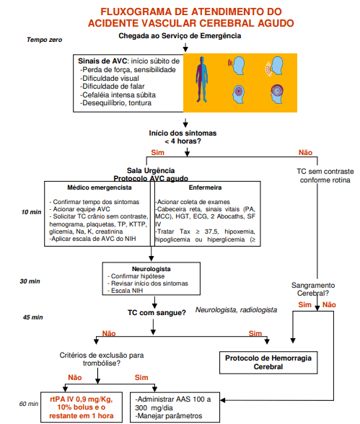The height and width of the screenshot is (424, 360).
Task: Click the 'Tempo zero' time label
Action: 44,40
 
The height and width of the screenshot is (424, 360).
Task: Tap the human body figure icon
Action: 202,79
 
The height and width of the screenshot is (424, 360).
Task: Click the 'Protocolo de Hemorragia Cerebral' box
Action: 268,363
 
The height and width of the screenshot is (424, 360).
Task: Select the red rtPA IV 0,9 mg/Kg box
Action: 82,407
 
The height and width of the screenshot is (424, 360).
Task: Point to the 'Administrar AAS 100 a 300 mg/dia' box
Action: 175,407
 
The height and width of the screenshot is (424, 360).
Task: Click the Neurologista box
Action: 152,278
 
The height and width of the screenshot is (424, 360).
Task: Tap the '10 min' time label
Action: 31,212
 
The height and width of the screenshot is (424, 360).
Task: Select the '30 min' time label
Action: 30,281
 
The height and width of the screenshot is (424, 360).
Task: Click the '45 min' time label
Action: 32,317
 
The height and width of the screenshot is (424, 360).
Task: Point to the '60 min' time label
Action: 29,404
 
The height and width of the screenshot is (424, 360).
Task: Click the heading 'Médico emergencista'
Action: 100,187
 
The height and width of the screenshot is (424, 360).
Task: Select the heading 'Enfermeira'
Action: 205,187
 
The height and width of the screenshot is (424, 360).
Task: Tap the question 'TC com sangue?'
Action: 157,313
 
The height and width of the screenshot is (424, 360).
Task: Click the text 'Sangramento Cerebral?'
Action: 313,289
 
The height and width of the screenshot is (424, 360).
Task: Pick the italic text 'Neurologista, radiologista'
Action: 236,310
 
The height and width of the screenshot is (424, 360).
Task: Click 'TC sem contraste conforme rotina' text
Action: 325,175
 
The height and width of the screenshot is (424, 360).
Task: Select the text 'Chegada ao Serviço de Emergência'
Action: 180,36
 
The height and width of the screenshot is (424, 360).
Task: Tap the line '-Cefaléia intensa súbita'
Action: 118,95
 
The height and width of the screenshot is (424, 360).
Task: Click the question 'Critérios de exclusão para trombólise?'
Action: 102,359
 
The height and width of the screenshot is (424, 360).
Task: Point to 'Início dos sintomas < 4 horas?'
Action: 183,137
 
